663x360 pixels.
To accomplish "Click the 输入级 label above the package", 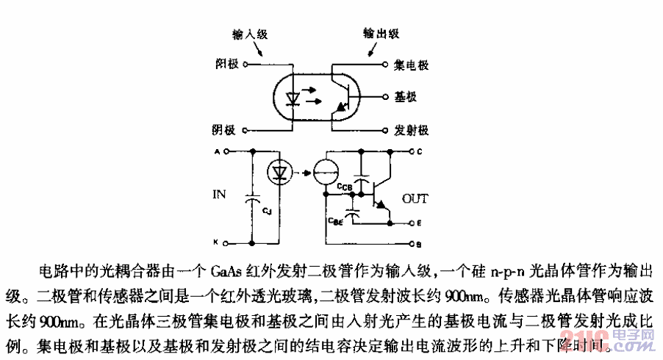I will (248, 35).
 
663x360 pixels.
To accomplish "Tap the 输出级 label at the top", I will (381, 35).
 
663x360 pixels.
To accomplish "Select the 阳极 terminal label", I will (225, 65).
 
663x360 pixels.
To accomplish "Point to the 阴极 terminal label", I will (224, 130).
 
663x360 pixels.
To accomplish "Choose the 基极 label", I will (406, 97).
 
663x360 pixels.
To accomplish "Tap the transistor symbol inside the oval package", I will (340, 96).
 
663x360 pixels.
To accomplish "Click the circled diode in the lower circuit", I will (279, 173).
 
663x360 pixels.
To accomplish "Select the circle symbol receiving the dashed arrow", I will (323, 174).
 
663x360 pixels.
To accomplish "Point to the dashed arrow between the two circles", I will (301, 174).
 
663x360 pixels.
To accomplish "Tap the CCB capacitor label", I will (345, 188).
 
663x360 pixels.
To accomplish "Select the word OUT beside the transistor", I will (415, 198).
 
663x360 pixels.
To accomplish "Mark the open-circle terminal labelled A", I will (227, 152).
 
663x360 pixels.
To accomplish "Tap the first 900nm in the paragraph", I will (465, 298).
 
